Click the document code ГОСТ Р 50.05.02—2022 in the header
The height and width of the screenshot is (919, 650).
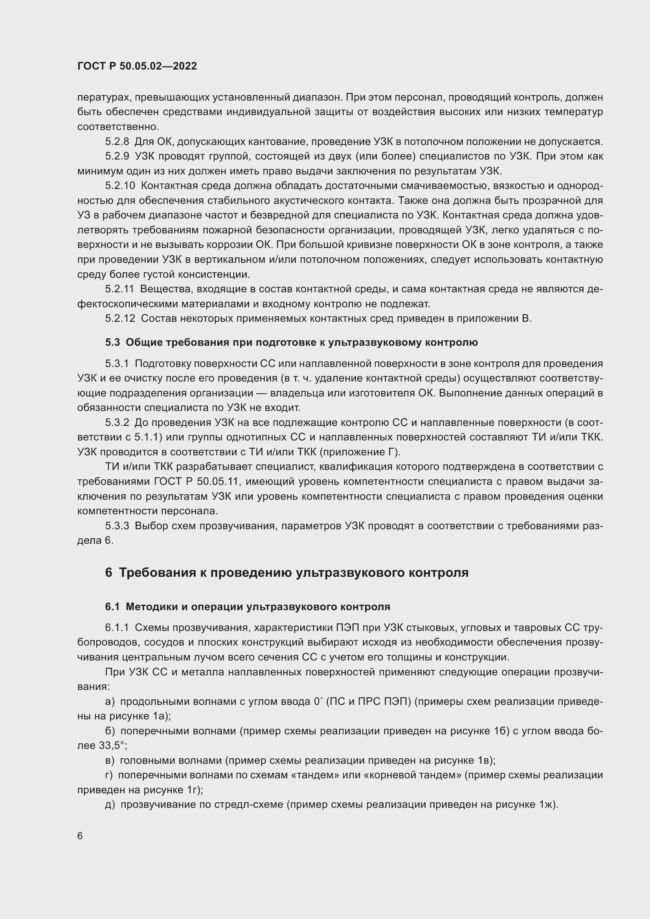(x=137, y=66)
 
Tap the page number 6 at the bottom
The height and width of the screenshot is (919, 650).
(x=80, y=836)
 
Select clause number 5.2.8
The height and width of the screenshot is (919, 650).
(x=117, y=142)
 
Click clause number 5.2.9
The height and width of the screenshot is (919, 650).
(x=117, y=156)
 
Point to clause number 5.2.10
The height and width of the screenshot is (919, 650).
(x=120, y=186)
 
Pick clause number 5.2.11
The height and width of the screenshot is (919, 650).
(x=120, y=289)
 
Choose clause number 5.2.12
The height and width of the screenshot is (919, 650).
(x=120, y=319)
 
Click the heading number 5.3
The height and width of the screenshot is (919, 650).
(x=112, y=343)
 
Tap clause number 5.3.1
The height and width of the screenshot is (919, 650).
(x=117, y=364)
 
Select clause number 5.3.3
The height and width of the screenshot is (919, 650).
(x=117, y=526)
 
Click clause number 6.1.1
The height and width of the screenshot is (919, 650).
(x=117, y=628)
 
